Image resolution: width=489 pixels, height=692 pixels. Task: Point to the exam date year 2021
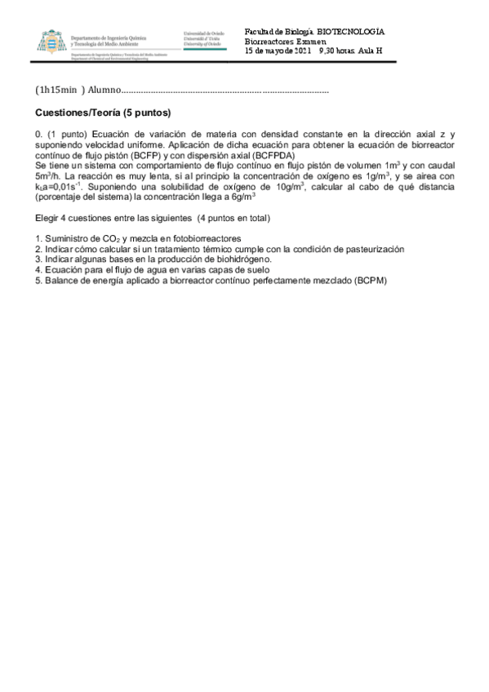[303, 51]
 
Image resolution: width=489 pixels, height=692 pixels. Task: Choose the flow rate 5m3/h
[48, 175]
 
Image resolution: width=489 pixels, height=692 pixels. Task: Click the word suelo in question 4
[256, 270]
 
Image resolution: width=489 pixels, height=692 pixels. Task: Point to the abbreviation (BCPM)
[370, 281]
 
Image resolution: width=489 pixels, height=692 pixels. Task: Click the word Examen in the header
[310, 41]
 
